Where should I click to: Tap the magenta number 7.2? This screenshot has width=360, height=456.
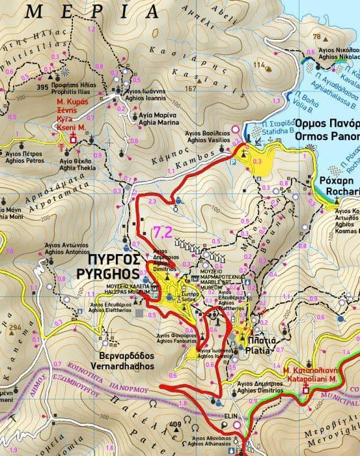coord(163,232)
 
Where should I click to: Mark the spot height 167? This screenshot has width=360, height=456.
coord(190,89)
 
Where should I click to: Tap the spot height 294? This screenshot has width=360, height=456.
coord(16,328)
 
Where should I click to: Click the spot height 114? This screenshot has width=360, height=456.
coord(261,65)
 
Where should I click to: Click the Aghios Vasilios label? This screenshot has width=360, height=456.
coord(206,140)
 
